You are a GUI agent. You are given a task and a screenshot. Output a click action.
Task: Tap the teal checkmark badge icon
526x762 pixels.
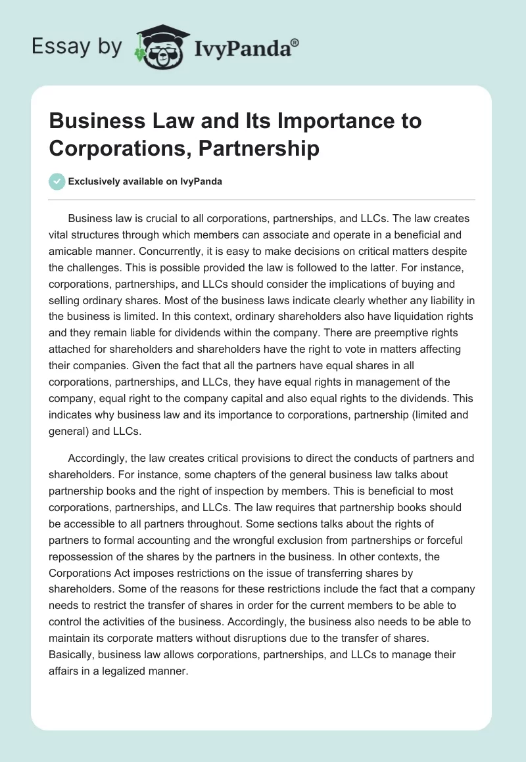click(57, 181)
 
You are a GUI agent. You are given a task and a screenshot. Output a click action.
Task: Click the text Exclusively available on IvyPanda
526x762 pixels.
click(145, 182)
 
